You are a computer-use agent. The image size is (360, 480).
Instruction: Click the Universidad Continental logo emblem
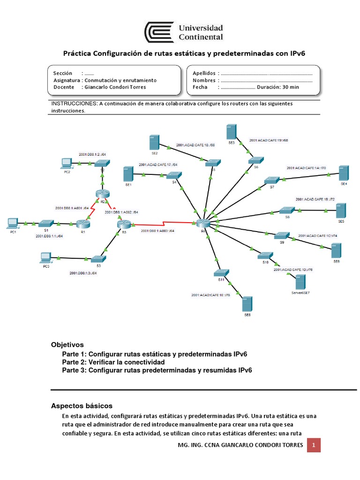point(159,32)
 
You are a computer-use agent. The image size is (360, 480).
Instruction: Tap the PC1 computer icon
point(13,223)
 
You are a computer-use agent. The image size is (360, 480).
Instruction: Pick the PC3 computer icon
point(45,257)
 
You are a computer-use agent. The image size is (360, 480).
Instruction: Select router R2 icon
point(102,193)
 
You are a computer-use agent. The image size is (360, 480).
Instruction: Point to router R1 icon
point(83,224)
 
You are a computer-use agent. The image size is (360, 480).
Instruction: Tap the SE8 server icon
point(247,304)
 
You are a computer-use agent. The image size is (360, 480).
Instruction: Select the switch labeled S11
point(221,273)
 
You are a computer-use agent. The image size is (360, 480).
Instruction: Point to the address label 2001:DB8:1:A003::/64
point(157,231)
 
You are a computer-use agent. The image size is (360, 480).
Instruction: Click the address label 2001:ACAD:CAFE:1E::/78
point(210,295)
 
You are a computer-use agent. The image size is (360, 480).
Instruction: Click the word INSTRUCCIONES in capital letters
point(73,104)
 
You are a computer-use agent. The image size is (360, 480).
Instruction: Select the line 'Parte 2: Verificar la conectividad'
point(113,362)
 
